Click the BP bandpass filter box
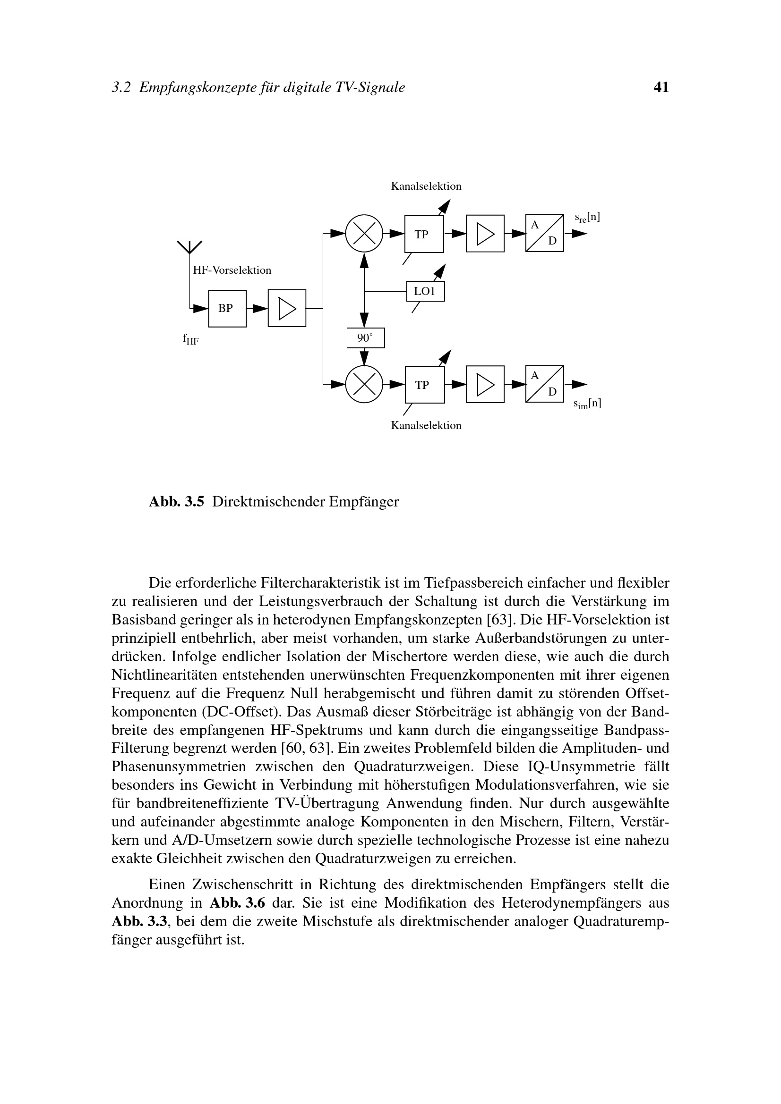coord(227,308)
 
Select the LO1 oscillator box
coord(425,291)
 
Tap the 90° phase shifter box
coord(366,338)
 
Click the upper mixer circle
coord(364,234)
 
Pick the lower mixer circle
coord(364,385)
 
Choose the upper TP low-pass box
coord(424,234)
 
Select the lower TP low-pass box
coord(424,385)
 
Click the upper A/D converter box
coord(544,233)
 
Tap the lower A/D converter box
coord(544,384)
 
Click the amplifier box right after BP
coord(287,308)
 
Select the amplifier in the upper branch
coord(485,234)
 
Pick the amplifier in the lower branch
coord(485,385)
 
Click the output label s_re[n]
coord(587,217)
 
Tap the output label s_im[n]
coord(587,404)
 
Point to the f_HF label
coord(190,340)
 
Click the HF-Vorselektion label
coord(232,270)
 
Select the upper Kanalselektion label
coord(426,186)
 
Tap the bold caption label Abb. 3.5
coord(177,502)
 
